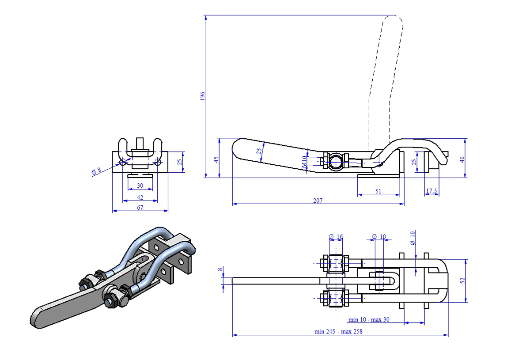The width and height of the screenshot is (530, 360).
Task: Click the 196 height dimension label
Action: pyautogui.click(x=202, y=96)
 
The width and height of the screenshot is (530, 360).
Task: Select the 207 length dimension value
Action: pyautogui.click(x=318, y=201)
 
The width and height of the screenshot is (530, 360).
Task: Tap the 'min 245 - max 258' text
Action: pyautogui.click(x=338, y=331)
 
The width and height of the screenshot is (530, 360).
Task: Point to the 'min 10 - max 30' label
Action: pyautogui.click(x=369, y=319)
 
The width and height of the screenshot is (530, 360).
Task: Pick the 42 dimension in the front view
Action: pyautogui.click(x=140, y=197)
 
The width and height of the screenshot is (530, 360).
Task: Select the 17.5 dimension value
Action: pyautogui.click(x=432, y=191)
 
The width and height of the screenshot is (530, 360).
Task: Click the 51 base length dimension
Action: pyautogui.click(x=379, y=191)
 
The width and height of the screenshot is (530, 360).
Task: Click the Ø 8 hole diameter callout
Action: pyautogui.click(x=97, y=171)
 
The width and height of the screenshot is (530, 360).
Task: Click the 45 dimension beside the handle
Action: pyautogui.click(x=216, y=159)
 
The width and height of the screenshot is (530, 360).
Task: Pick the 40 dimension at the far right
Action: pyautogui.click(x=462, y=158)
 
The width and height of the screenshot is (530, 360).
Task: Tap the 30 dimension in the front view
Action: pyautogui.click(x=140, y=186)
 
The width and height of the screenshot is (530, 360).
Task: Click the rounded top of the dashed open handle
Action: pyautogui.click(x=393, y=20)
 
